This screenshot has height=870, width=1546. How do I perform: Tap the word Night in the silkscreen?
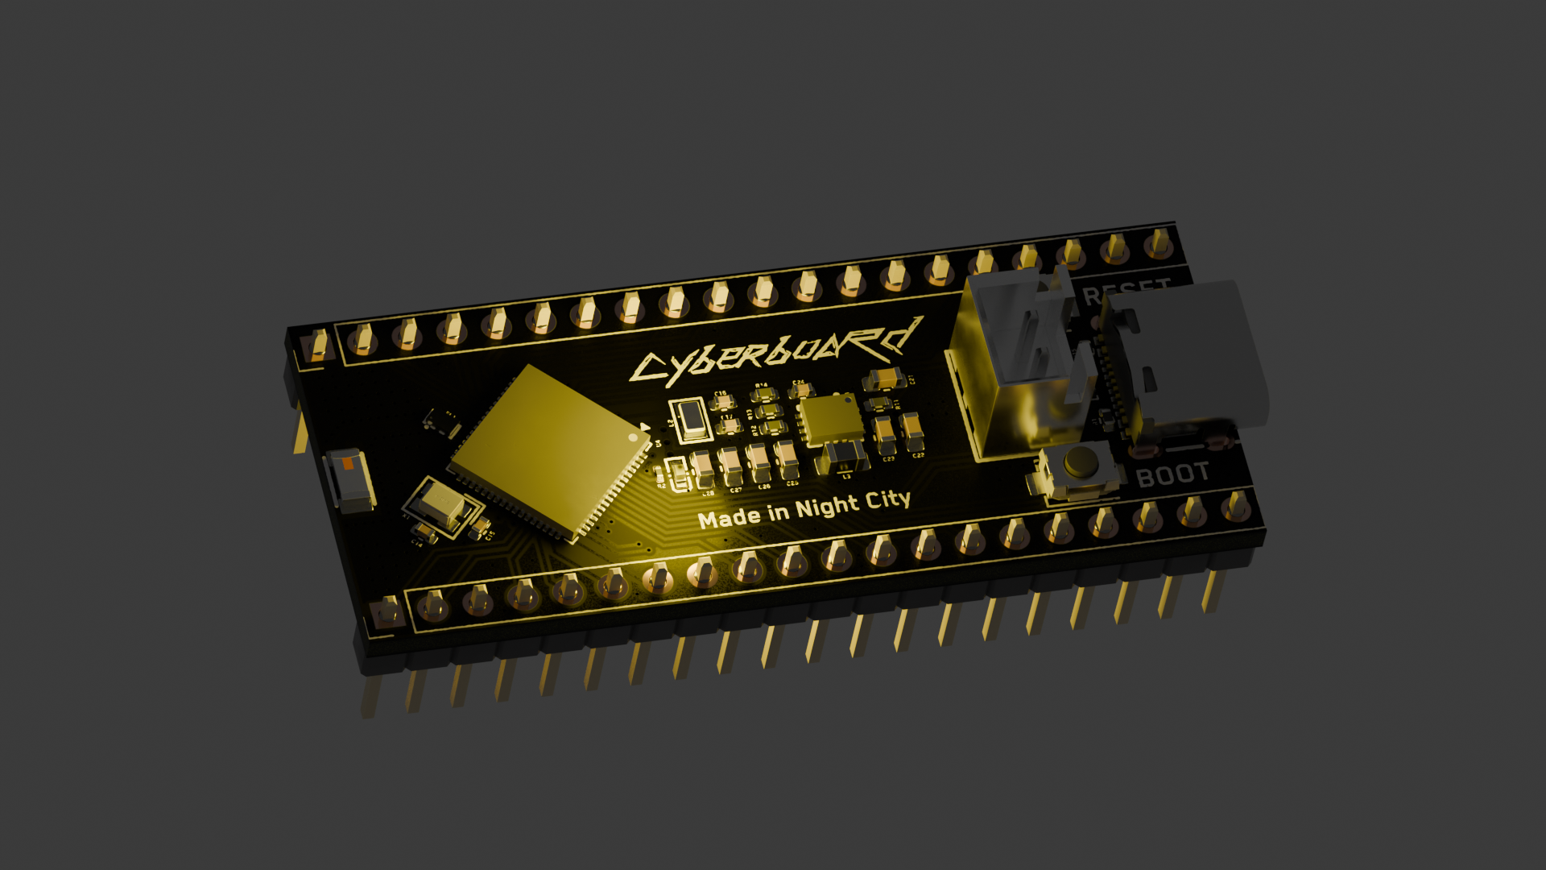pyautogui.click(x=827, y=508)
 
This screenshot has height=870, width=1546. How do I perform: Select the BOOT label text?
pyautogui.click(x=1172, y=475)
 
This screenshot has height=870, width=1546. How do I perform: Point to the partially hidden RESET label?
pyautogui.click(x=1126, y=290)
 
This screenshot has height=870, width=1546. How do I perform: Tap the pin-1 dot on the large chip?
pyautogui.click(x=633, y=437)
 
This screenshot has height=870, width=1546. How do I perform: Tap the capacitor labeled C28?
pyautogui.click(x=702, y=467)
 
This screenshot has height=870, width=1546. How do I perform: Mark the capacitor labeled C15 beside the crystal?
pyautogui.click(x=480, y=527)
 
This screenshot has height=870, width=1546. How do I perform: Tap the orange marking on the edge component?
pyautogui.click(x=348, y=464)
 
